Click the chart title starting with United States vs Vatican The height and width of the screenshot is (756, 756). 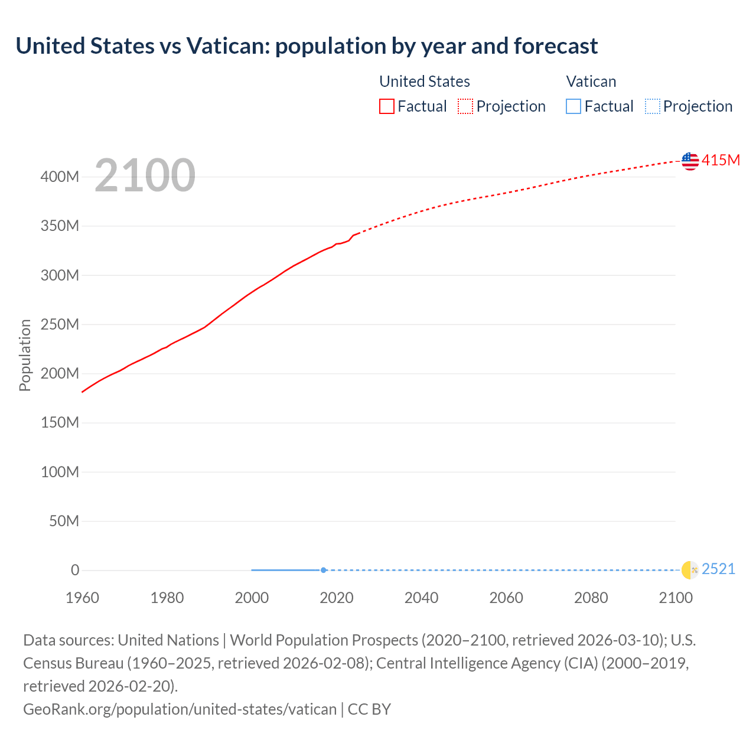[x=307, y=45]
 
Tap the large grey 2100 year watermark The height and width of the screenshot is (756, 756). [x=145, y=175]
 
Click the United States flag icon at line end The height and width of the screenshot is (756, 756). [x=690, y=161]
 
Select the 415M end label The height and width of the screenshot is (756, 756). [x=721, y=160]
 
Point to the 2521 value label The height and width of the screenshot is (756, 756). [x=718, y=569]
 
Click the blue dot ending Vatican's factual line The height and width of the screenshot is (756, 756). [x=324, y=570]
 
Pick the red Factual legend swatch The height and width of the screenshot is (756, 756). [x=386, y=106]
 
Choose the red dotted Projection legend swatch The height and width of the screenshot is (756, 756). [x=465, y=106]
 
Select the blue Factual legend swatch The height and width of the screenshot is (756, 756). [x=573, y=106]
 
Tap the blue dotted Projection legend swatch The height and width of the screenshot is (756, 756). [x=652, y=106]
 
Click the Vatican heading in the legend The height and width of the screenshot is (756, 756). [x=591, y=82]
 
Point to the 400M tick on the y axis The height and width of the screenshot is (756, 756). [x=60, y=177]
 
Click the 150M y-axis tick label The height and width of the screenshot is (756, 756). [x=60, y=422]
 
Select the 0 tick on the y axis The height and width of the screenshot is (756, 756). [x=75, y=570]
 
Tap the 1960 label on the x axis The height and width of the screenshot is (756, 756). [x=82, y=598]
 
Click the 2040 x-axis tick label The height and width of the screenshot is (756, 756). [x=421, y=598]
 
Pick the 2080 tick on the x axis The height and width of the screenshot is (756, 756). [x=591, y=598]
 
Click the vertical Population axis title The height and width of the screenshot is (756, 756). [x=25, y=355]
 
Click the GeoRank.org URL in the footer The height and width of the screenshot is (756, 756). [x=180, y=709]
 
